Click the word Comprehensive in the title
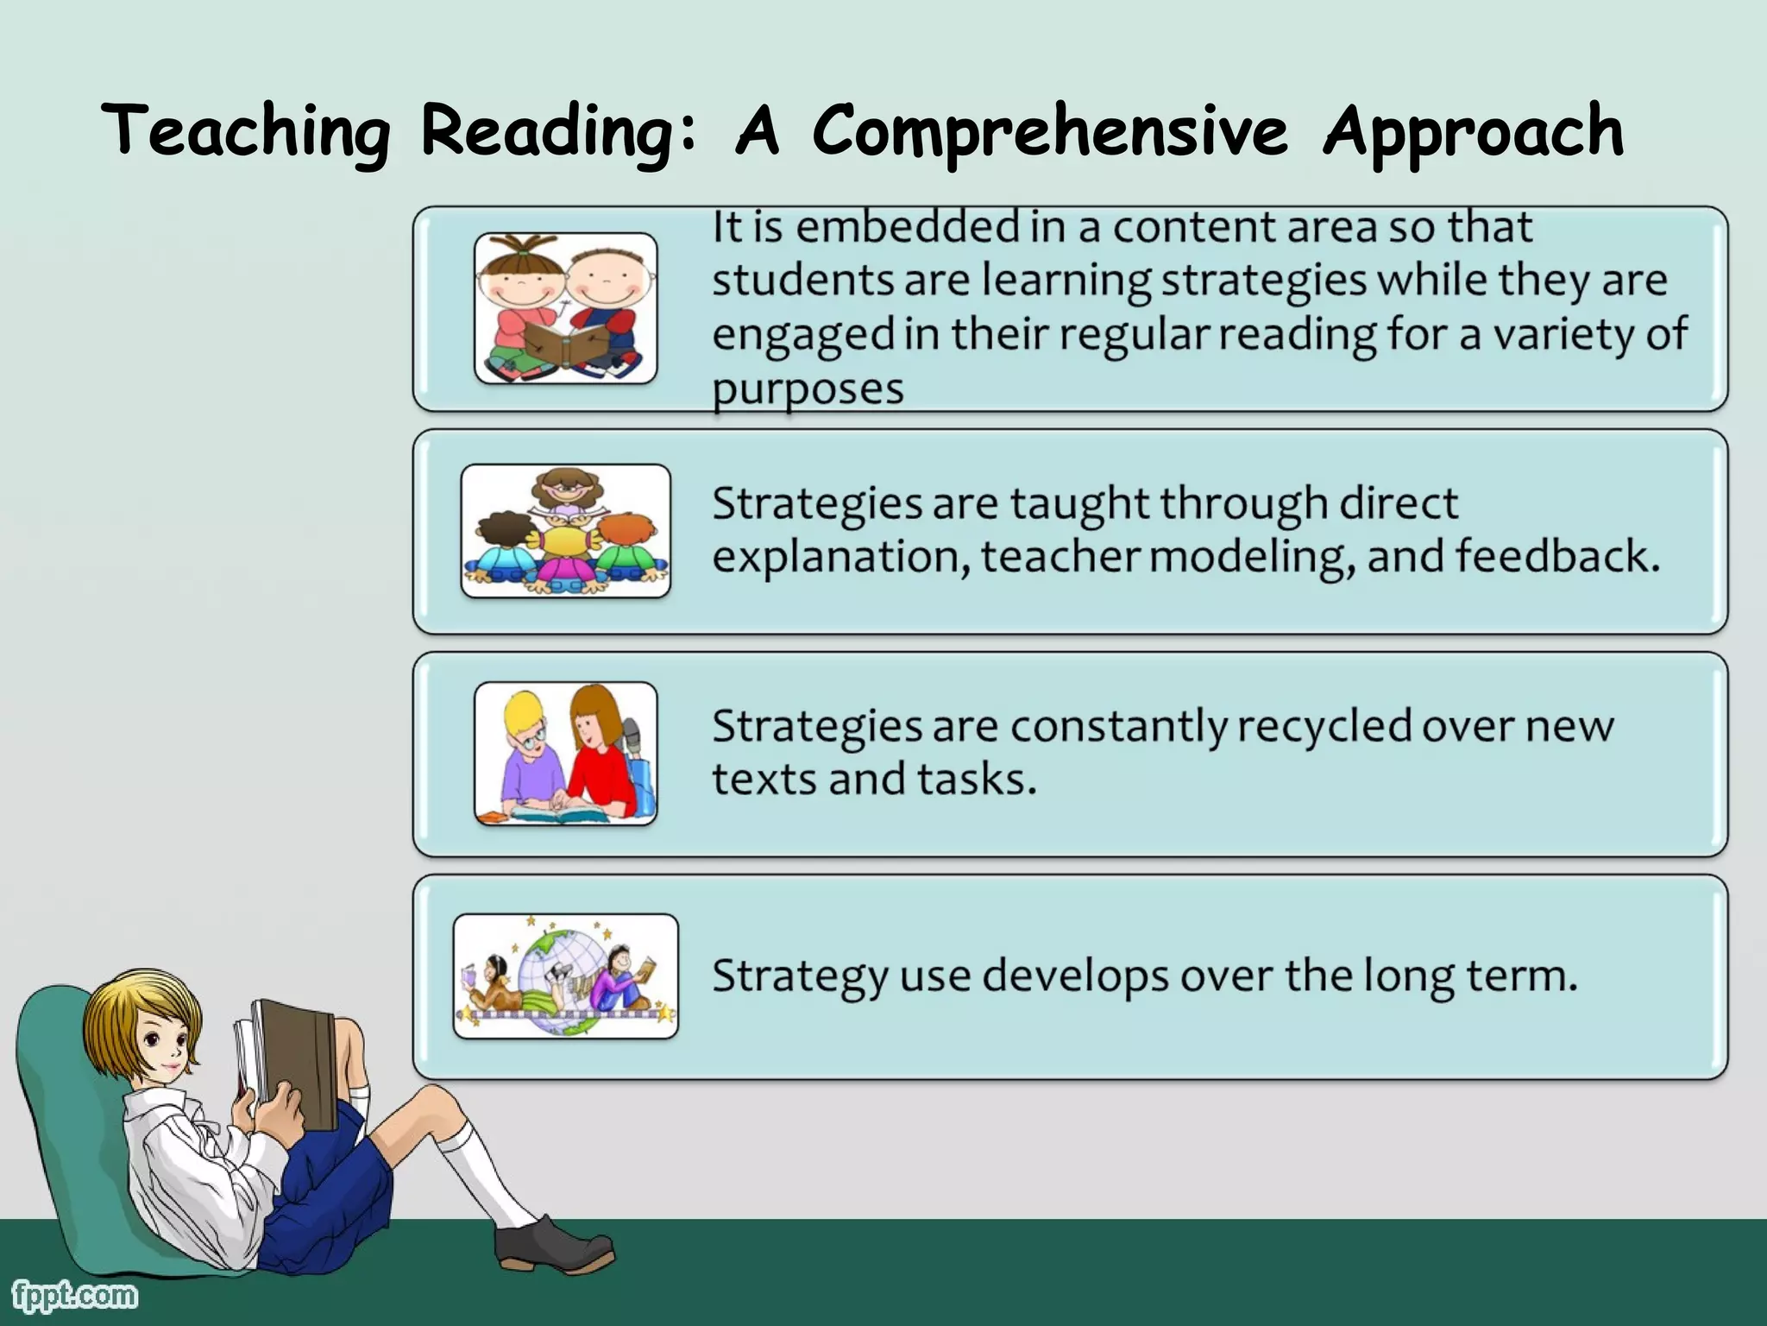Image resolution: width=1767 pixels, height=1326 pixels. point(1050,131)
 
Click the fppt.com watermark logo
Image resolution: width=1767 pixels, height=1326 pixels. point(74,1295)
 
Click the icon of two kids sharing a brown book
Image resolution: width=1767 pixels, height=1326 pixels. point(565,308)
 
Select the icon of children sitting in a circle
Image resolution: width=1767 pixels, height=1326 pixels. point(565,531)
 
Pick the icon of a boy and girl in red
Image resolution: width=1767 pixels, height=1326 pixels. point(565,754)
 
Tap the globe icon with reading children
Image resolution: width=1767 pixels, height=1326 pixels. point(565,976)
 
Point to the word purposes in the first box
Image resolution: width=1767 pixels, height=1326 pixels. point(808,388)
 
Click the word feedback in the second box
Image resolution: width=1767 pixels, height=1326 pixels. point(1557,556)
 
